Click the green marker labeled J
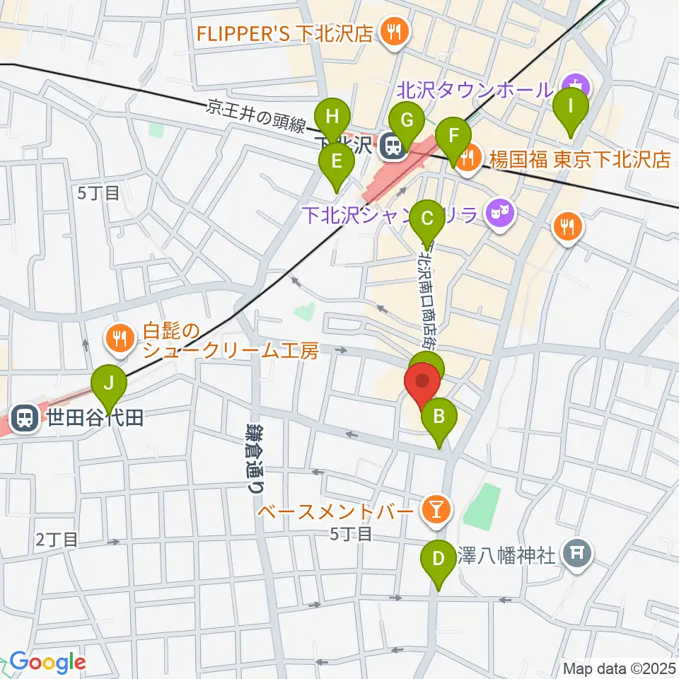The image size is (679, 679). point(108,384)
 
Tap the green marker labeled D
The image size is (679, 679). point(439,560)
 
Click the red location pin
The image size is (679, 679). point(422,382)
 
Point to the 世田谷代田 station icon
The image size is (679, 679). point(25,417)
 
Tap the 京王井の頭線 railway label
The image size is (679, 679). point(256,117)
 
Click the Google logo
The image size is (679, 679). point(47,662)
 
